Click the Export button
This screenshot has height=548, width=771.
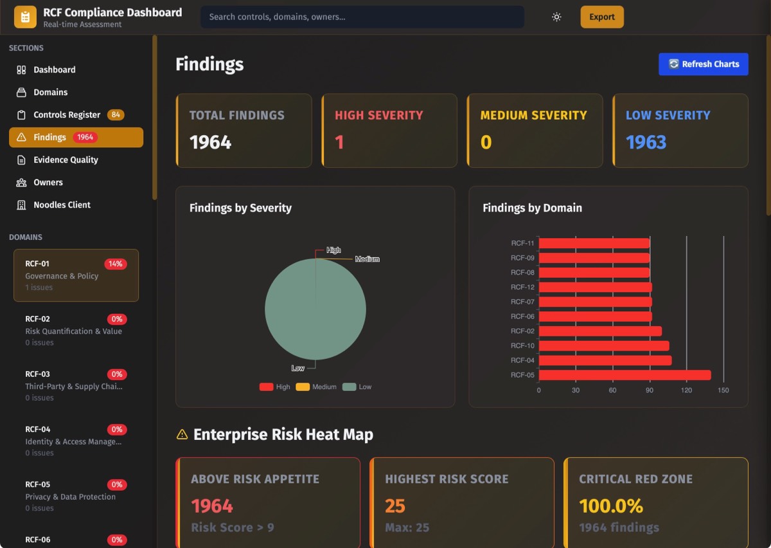click(x=601, y=17)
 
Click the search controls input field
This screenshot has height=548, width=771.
click(x=362, y=17)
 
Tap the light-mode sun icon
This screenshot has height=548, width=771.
click(x=556, y=17)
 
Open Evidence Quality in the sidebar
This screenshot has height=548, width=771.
click(x=66, y=160)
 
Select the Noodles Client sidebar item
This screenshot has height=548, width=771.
click(x=62, y=205)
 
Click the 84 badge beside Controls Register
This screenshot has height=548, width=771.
click(x=116, y=114)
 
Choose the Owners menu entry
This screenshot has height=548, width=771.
click(x=48, y=182)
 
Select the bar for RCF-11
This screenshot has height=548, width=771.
click(x=594, y=243)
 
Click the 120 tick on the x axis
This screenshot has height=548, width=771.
click(x=686, y=390)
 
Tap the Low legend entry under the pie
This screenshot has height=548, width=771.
click(x=357, y=387)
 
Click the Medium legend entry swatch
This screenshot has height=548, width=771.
click(x=303, y=387)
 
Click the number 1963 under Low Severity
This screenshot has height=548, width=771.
click(x=646, y=142)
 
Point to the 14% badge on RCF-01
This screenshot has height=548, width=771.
click(x=116, y=264)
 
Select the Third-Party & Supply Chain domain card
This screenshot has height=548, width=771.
click(x=76, y=385)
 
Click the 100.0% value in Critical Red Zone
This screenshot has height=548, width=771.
click(x=610, y=506)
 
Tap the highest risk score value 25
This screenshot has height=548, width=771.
click(x=395, y=506)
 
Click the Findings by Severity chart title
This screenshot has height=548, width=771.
click(x=240, y=208)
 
